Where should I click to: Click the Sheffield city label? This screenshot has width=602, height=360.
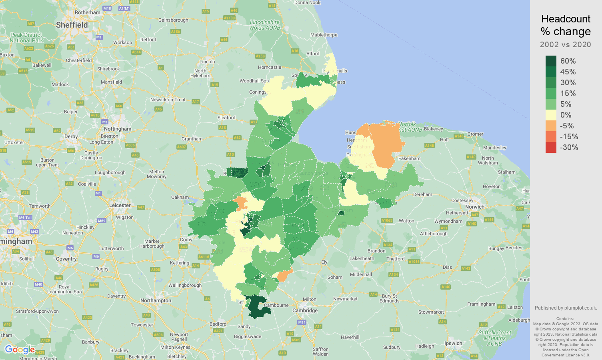coord(72,25)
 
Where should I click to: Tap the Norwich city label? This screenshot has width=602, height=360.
coord(474,207)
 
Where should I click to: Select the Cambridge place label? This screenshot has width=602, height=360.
coord(305,310)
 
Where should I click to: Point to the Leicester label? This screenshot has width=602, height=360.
coord(120,205)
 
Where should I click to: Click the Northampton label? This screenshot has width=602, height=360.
coord(156,300)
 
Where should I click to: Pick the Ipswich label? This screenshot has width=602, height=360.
coord(453,343)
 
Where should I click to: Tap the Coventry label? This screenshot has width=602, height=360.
coord(66,259)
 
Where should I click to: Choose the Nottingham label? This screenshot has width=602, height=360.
coord(118,129)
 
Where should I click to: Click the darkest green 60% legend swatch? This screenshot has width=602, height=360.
coord(551,61)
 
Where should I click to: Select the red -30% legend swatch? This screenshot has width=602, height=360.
coord(551,147)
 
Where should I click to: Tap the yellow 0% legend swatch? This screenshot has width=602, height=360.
coord(551,115)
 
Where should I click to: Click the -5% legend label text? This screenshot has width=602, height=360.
coord(567,126)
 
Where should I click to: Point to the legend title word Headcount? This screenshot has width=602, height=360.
coord(566,19)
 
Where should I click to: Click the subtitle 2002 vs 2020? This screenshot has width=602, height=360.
coord(565,44)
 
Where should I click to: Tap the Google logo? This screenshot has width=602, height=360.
coord(20,350)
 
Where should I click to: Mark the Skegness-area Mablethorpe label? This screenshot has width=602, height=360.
coord(324,35)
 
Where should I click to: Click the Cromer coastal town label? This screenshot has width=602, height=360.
coord(475,134)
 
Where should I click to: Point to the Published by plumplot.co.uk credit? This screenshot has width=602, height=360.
coord(566,308)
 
